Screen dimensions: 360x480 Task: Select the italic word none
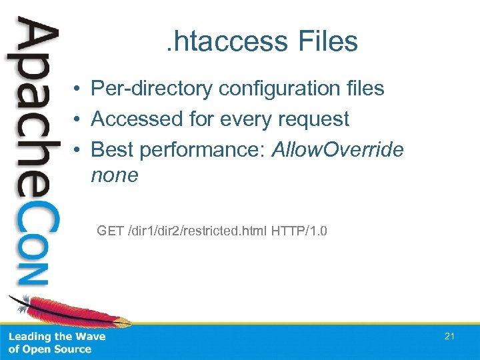coord(114,175)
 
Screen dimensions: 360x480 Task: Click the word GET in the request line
coord(110,231)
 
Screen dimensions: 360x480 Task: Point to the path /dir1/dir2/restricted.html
coord(197,231)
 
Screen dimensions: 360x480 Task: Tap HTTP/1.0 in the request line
coord(299,231)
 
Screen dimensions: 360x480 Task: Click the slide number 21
coord(449,337)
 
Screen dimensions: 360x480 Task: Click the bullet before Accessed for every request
coord(78,120)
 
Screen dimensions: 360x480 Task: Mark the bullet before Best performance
coord(78,150)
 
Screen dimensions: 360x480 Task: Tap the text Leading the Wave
coord(57,337)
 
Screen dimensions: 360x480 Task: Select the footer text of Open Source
coord(50,349)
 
